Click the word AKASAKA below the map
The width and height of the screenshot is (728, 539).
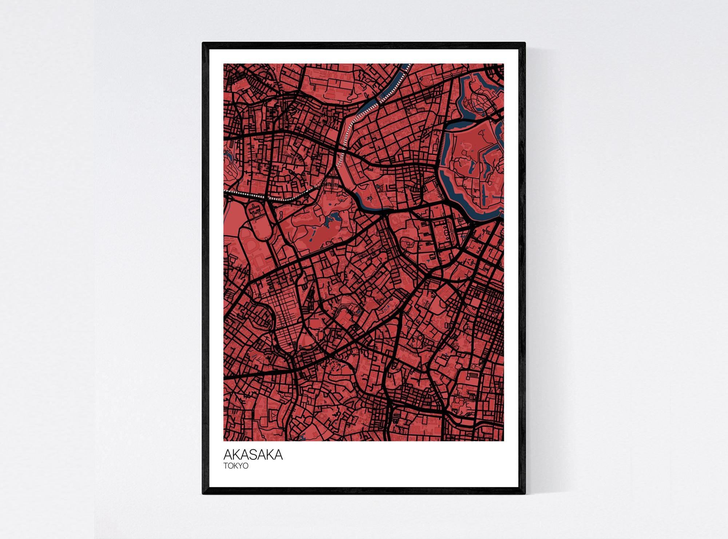[x=253, y=455]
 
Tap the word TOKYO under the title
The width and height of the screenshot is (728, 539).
[x=236, y=466]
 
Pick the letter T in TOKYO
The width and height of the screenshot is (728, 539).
[x=226, y=466]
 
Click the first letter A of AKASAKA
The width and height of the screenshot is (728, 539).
[x=227, y=455]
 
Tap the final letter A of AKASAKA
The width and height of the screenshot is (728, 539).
[x=278, y=455]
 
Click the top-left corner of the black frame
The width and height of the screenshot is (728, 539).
[x=203, y=43]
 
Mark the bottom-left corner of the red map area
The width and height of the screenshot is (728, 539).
[x=224, y=441]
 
